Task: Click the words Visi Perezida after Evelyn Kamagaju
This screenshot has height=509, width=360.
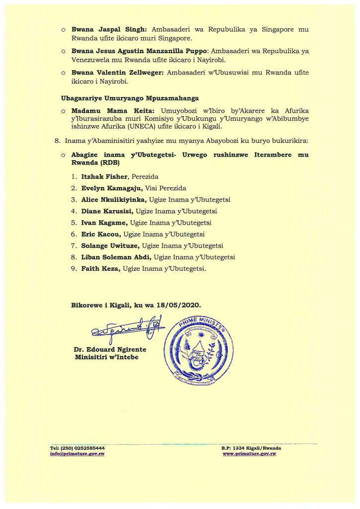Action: (159, 188)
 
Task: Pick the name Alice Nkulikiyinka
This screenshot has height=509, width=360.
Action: (113, 199)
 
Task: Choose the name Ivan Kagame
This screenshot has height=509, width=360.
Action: (104, 222)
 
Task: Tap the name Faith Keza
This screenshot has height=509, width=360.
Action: (101, 268)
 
